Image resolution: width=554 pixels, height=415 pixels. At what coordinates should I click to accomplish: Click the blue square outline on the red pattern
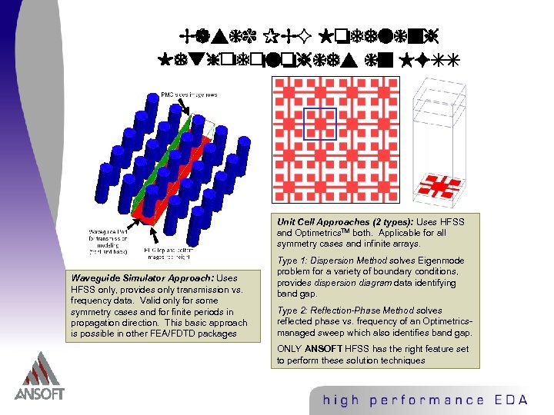coord(319,124)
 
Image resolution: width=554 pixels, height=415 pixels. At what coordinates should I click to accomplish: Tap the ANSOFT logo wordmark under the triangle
coord(39,394)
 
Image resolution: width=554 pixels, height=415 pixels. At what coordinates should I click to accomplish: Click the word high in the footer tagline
coord(339,400)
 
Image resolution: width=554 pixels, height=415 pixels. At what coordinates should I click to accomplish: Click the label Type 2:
coord(292,310)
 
